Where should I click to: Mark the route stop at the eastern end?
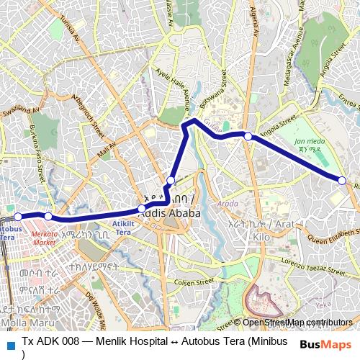coord(342,180)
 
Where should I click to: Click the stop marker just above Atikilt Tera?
coord(142,210)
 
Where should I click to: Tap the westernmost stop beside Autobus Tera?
coord(19,215)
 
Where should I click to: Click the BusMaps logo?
coord(326,344)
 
